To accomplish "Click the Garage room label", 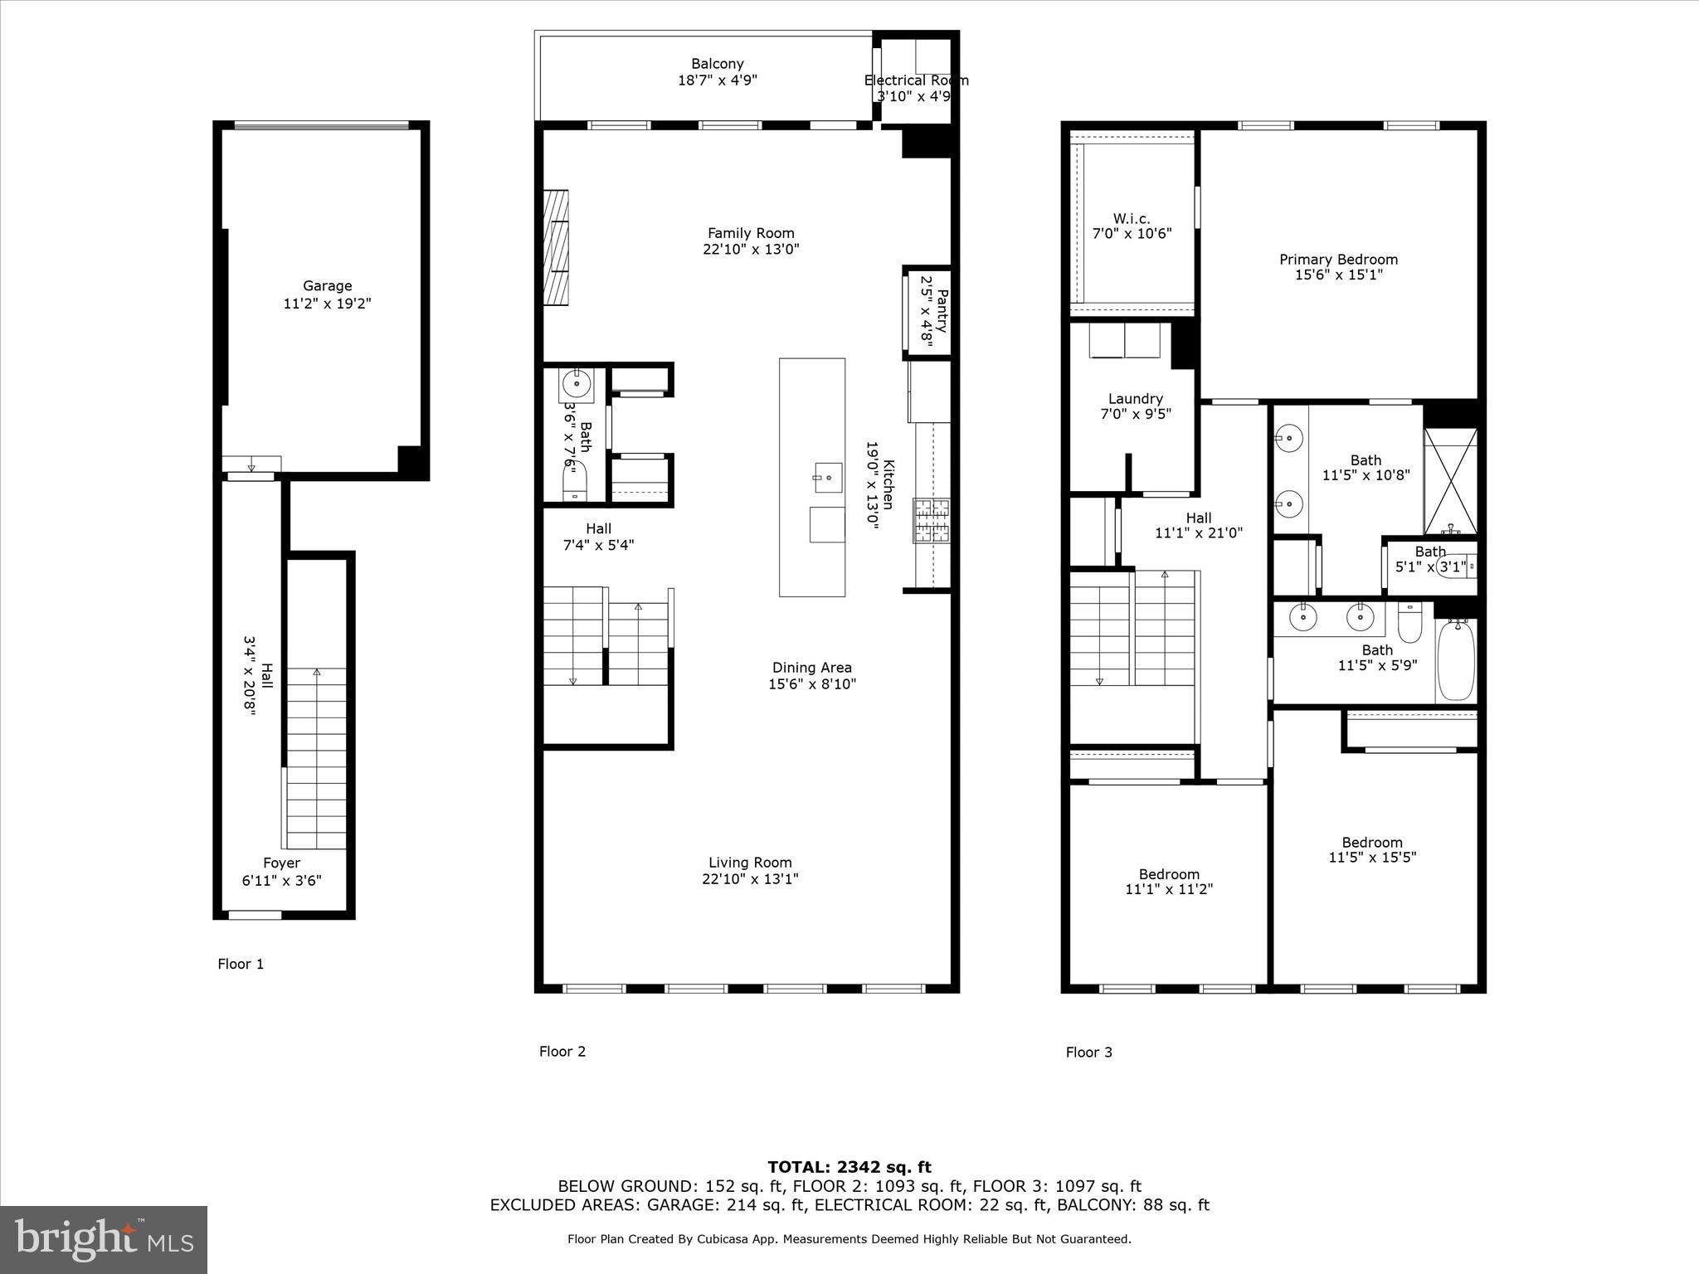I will pos(327,286).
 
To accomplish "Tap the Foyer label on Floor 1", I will pos(281,863).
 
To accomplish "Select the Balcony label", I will pos(718,64).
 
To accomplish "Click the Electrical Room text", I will pos(916,80).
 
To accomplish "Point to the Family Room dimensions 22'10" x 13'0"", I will pos(751,250).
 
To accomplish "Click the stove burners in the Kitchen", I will pos(932,520).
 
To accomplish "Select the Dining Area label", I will pos(811,668).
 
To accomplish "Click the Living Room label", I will pos(750,863).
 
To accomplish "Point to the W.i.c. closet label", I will pos(1132,219).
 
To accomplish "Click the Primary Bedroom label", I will pos(1338,260).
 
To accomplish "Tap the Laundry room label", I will pos(1135,399).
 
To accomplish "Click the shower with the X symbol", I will pos(1450,481).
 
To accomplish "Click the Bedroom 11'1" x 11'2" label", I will pos(1169,874).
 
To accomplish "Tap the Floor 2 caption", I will pos(562,1052).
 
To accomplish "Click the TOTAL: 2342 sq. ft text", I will pos(849,1168).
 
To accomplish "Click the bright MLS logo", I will pos(104,1240).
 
